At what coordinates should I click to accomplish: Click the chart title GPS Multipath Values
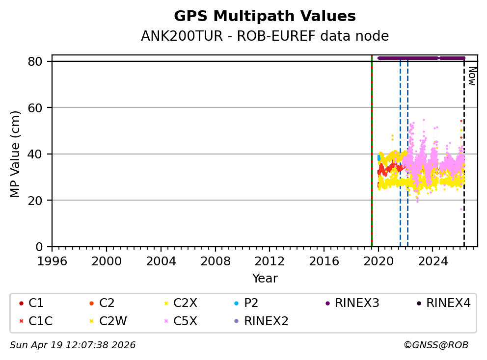(265, 16)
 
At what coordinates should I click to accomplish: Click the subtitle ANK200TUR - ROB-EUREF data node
(265, 36)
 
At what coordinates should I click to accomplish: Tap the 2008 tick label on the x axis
(215, 260)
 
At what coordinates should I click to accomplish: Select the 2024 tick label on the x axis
(433, 260)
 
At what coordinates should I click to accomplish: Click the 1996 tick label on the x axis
(52, 260)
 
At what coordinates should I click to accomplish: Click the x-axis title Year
(265, 279)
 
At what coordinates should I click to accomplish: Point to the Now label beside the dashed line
(472, 76)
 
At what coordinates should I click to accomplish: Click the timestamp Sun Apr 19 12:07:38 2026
(73, 345)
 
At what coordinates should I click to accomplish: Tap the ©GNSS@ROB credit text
(436, 345)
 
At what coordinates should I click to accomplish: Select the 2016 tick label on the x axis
(324, 260)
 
